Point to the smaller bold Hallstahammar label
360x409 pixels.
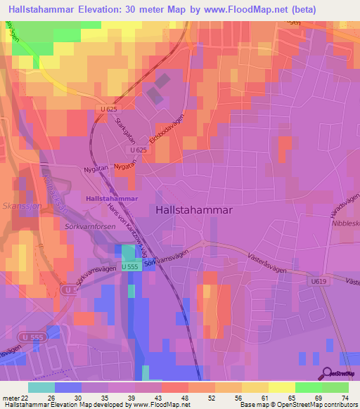click(x=111, y=199)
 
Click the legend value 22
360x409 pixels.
click(x=25, y=398)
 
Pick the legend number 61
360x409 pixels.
click(x=266, y=398)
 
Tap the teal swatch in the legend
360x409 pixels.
click(x=41, y=387)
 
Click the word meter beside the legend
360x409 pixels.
click(x=10, y=398)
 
